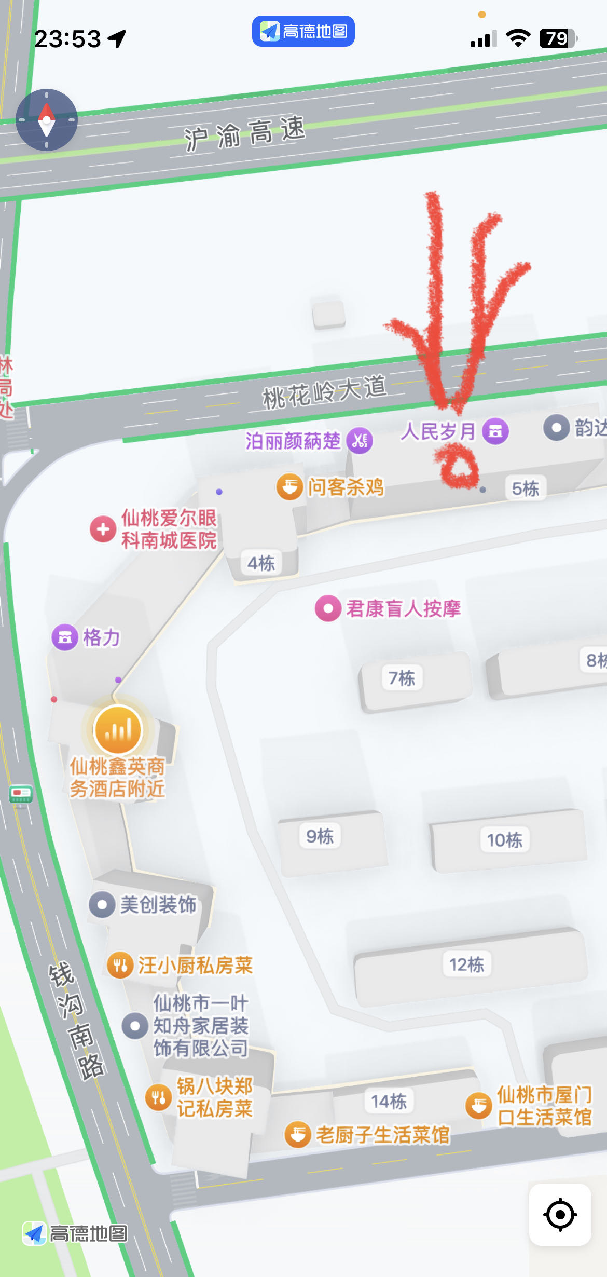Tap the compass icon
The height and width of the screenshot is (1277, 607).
pos(47,120)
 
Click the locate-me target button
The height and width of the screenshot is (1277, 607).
pos(560,1215)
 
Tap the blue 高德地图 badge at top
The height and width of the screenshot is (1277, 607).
pos(303,31)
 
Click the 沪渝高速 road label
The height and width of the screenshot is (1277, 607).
pos(245,133)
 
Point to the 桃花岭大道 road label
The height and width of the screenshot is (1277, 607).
pos(325,392)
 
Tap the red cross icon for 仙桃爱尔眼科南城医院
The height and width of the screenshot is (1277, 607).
pos(103,529)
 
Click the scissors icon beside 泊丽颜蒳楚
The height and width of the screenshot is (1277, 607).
pos(360,441)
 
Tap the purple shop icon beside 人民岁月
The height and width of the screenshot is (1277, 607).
pos(495,431)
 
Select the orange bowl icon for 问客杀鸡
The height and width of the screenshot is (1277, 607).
pos(289,487)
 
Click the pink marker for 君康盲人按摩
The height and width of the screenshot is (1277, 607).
pos(328,608)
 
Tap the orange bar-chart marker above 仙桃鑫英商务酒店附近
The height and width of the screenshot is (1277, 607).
pos(118,730)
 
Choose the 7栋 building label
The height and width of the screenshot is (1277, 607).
pos(402,678)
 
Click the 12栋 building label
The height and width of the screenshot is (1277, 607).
pos(466,964)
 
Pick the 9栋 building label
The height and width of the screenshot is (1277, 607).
pos(320,836)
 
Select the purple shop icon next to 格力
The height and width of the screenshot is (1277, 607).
pos(65,637)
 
